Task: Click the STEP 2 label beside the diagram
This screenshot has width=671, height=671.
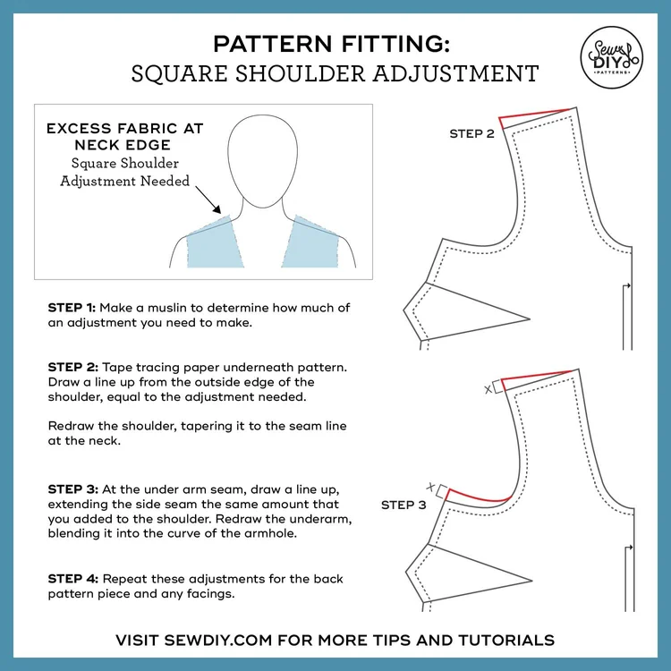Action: pyautogui.click(x=471, y=134)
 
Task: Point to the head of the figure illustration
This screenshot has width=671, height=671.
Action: pyautogui.click(x=263, y=160)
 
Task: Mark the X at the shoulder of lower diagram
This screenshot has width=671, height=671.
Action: pyautogui.click(x=488, y=389)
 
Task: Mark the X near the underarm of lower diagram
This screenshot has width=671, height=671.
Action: pyautogui.click(x=431, y=487)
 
